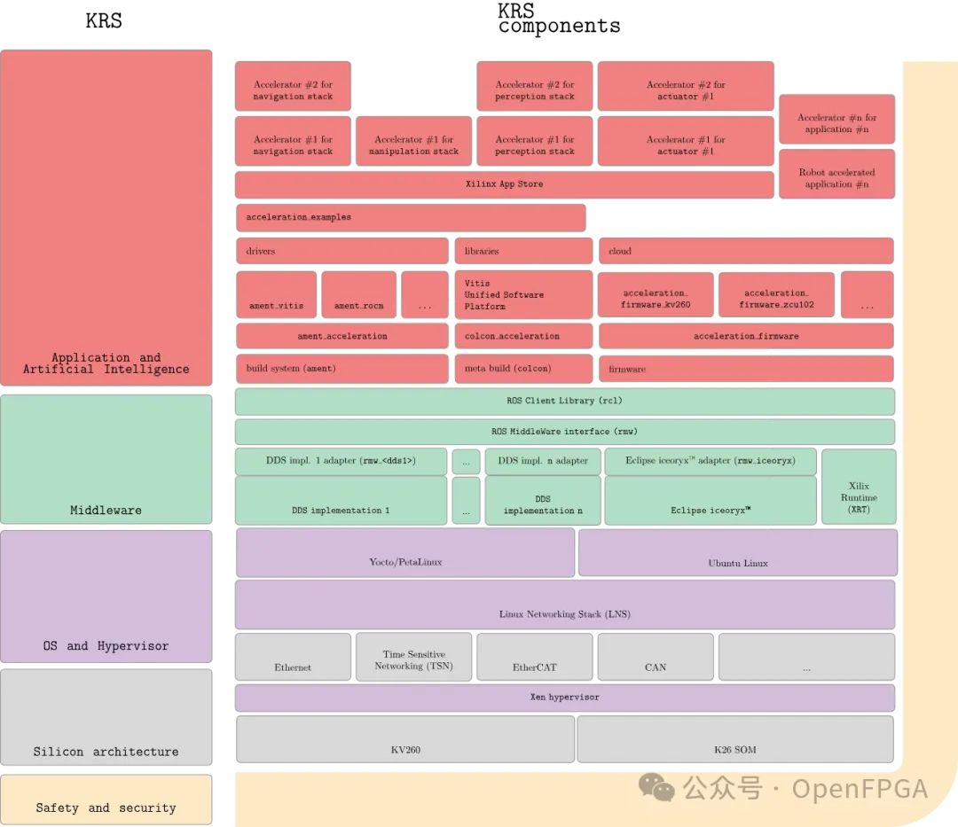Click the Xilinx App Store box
click(x=504, y=184)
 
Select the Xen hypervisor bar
click(x=564, y=698)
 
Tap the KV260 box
click(x=405, y=739)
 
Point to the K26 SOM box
click(x=735, y=739)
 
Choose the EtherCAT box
click(x=535, y=657)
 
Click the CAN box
click(x=656, y=657)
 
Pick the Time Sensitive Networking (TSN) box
click(x=413, y=657)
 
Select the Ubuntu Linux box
click(x=738, y=552)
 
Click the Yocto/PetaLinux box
click(x=405, y=552)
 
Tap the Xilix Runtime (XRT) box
click(x=859, y=487)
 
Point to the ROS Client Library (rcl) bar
click(x=564, y=402)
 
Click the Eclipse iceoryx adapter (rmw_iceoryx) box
click(x=710, y=462)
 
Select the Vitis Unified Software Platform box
click(x=523, y=295)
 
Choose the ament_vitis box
click(x=276, y=295)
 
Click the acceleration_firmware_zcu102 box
click(x=776, y=295)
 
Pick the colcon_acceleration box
click(x=523, y=336)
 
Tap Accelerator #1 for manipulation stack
click(x=413, y=141)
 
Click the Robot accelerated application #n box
click(x=837, y=174)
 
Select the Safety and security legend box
click(x=106, y=800)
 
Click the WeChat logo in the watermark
click(x=656, y=787)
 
